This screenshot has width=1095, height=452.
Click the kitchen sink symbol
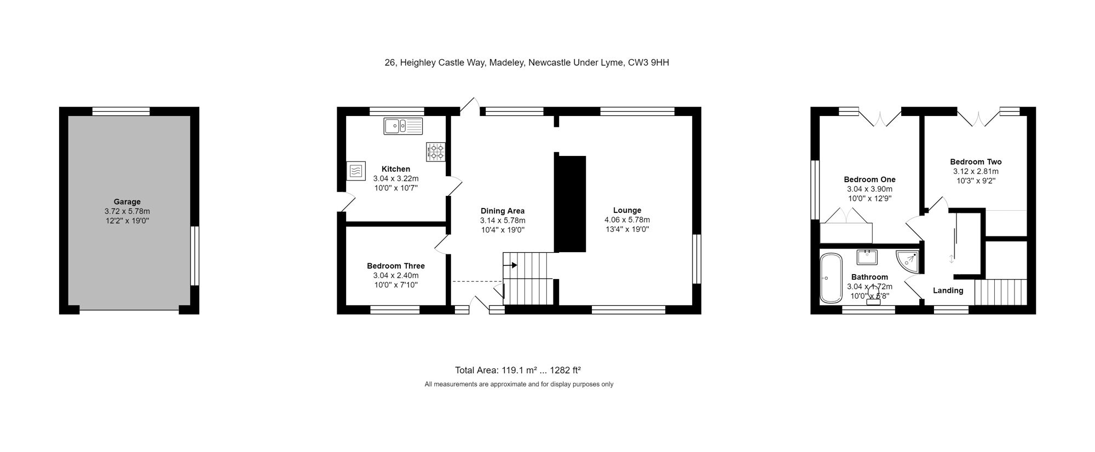pyautogui.click(x=404, y=126)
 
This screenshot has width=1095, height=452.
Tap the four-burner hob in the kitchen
pyautogui.click(x=436, y=152)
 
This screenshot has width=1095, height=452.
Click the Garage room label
pyautogui.click(x=127, y=202)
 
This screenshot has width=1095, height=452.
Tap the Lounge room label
pyautogui.click(x=627, y=210)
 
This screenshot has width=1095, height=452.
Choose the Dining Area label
pyautogui.click(x=503, y=211)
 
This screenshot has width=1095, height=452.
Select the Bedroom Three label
pyautogui.click(x=396, y=266)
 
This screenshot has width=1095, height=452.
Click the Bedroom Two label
pyautogui.click(x=976, y=162)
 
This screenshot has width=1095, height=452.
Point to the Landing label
pyautogui.click(x=948, y=291)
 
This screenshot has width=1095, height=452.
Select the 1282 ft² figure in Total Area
pyautogui.click(x=565, y=370)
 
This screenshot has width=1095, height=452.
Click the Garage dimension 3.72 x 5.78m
pyautogui.click(x=127, y=211)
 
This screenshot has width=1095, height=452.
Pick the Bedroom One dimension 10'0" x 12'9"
pyautogui.click(x=869, y=199)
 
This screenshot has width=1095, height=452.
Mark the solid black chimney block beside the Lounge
pyautogui.click(x=570, y=204)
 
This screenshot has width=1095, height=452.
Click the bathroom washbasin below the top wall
pyautogui.click(x=867, y=257)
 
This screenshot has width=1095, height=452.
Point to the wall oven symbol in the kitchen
pyautogui.click(x=355, y=171)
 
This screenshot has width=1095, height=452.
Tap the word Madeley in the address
pyautogui.click(x=507, y=62)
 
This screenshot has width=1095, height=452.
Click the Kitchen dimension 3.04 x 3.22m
pyautogui.click(x=396, y=178)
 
